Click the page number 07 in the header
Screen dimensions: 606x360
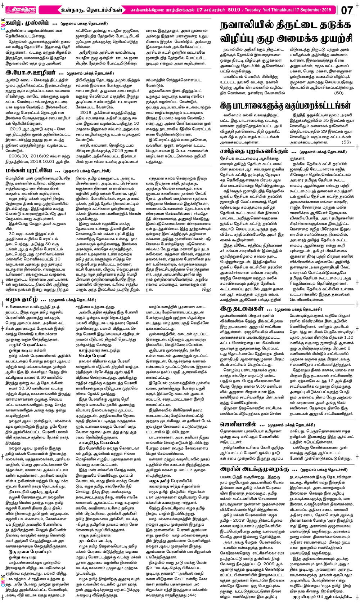click(347, 10)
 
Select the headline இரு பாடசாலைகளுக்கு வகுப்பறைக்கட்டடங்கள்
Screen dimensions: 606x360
click(285, 106)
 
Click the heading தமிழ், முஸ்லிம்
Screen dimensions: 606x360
click(31, 23)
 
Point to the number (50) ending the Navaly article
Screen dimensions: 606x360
click(339, 93)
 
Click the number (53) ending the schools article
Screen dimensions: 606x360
click(346, 142)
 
